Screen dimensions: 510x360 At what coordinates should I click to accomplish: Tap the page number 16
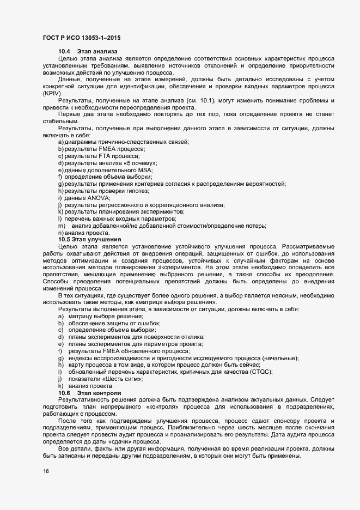click(46, 471)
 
